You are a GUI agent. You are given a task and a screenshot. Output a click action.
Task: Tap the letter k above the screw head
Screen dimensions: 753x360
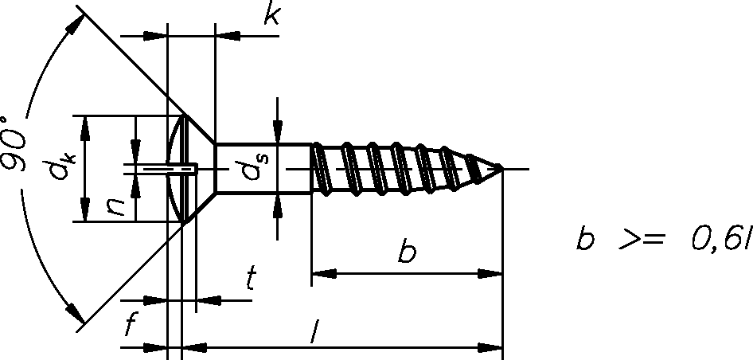(x=271, y=15)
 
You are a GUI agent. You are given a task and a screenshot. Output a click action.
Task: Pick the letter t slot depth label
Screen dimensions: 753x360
(x=250, y=278)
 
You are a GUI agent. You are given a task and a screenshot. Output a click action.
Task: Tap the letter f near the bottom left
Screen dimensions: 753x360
(x=130, y=323)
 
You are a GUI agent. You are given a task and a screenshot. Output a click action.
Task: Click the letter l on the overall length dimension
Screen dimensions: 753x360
(x=314, y=332)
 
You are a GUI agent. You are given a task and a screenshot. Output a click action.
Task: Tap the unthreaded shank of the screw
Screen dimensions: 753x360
(x=263, y=169)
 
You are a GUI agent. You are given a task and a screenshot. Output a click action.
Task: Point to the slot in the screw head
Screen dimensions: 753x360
(x=171, y=169)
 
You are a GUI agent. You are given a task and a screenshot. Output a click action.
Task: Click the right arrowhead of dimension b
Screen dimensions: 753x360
(x=490, y=274)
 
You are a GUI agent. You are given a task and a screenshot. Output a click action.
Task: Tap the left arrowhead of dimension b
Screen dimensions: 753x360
(x=324, y=274)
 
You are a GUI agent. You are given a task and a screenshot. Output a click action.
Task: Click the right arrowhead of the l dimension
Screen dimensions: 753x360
(x=490, y=347)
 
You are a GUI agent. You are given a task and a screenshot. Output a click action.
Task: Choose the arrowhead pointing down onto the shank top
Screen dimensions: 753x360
(x=278, y=132)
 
